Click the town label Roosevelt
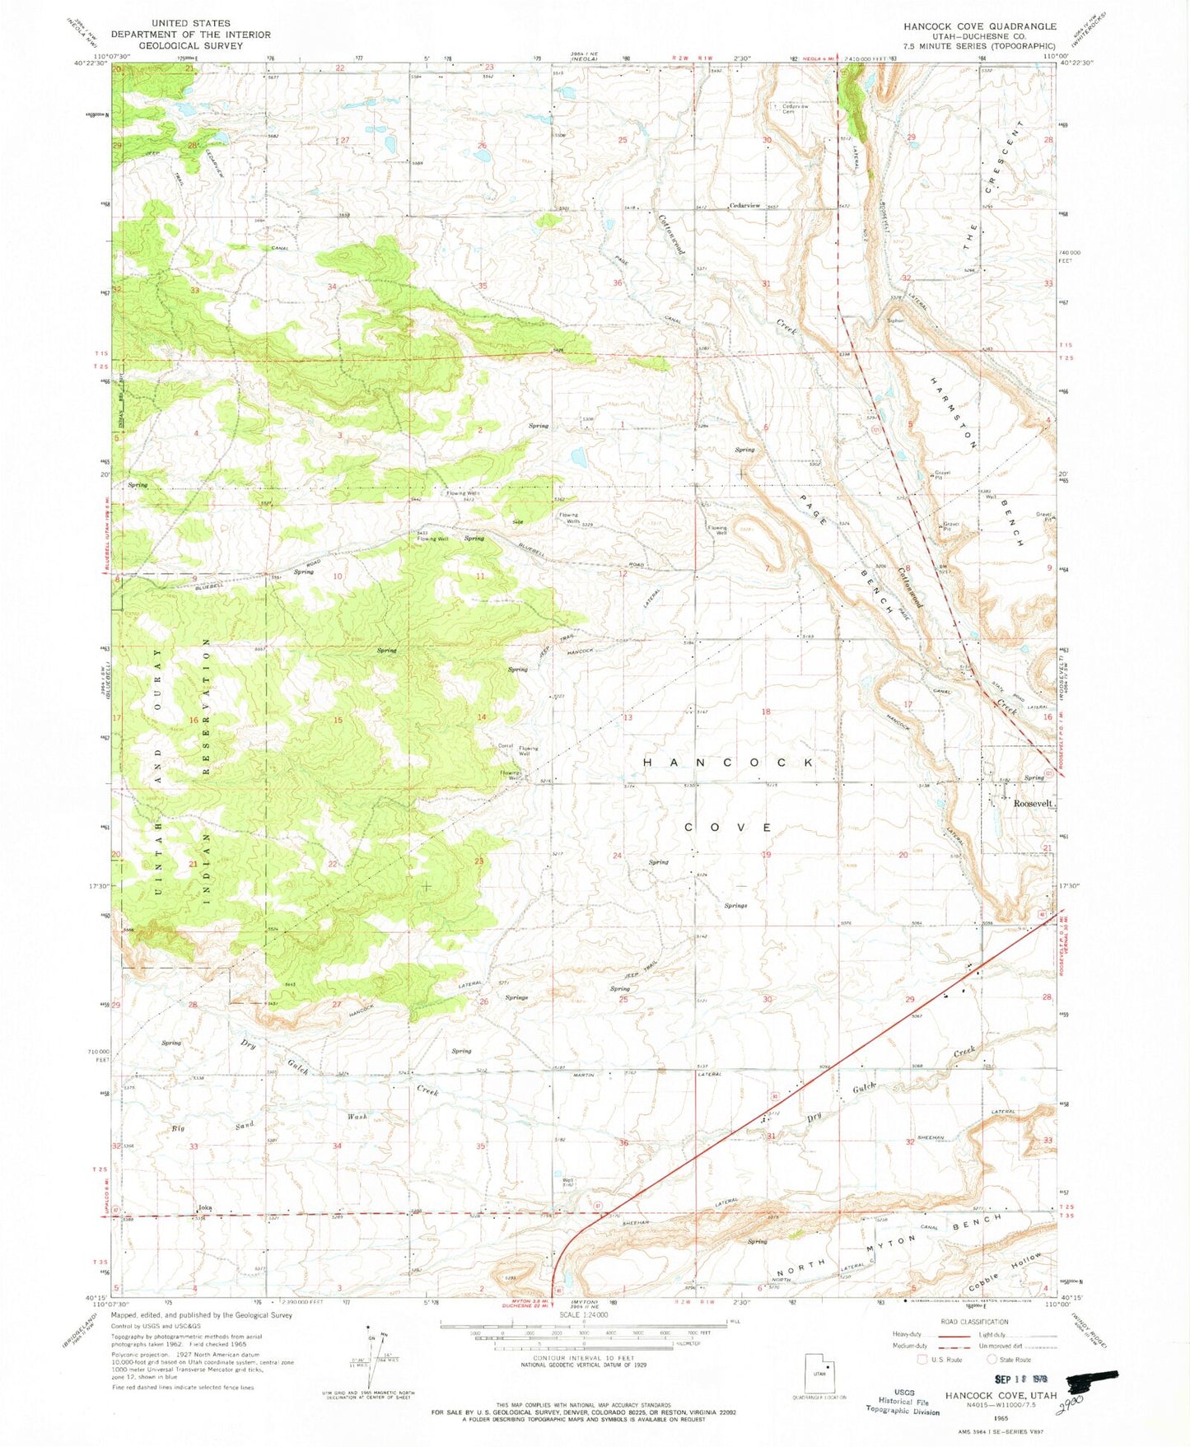(x=1034, y=803)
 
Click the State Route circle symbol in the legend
(x=992, y=1359)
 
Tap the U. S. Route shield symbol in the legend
(x=923, y=1359)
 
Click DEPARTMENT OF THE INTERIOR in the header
(x=190, y=35)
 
